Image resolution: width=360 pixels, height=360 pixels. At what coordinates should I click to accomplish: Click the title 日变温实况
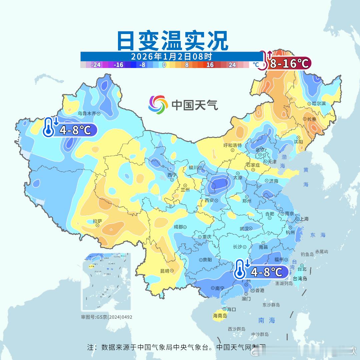[172, 40]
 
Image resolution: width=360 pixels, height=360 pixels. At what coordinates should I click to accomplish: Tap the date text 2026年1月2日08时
[171, 56]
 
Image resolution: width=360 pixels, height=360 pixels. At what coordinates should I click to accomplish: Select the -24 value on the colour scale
[96, 65]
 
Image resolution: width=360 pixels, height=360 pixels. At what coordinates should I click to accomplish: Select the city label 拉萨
[97, 221]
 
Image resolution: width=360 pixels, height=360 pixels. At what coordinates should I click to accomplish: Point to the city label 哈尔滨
[319, 104]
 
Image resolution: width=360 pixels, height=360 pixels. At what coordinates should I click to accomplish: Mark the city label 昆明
[165, 271]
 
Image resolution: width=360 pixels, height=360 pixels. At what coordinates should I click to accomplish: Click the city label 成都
[178, 227]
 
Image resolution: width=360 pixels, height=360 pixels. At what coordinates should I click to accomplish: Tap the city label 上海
[304, 219]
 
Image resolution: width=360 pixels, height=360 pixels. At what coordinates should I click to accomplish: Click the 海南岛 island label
[220, 316]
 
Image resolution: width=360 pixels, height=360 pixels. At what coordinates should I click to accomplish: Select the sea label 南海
[267, 320]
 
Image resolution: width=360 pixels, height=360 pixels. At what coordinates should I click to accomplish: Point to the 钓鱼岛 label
[307, 254]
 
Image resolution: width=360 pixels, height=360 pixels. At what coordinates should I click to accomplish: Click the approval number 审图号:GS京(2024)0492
[106, 317]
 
